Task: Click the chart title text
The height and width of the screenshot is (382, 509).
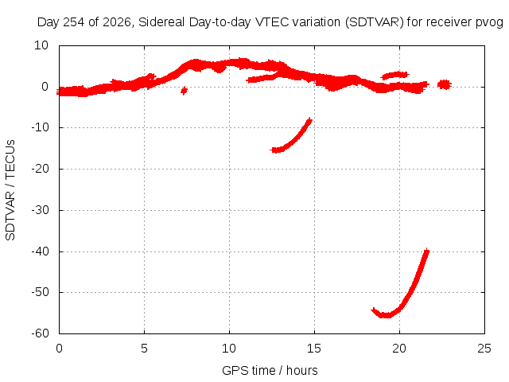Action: (x=270, y=22)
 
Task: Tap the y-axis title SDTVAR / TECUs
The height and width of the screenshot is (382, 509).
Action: (x=10, y=190)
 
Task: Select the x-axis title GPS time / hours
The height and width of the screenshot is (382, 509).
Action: (x=270, y=370)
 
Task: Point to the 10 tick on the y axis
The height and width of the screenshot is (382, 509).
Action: (x=41, y=45)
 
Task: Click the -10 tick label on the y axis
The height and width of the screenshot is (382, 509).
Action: (x=40, y=127)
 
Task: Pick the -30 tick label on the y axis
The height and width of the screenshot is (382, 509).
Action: (x=40, y=210)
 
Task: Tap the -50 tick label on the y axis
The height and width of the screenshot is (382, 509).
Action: (x=40, y=292)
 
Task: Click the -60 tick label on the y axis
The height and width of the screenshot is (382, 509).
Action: (x=40, y=333)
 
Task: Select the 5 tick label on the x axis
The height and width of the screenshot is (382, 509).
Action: (x=144, y=349)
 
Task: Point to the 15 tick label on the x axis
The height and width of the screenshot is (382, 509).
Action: (x=314, y=349)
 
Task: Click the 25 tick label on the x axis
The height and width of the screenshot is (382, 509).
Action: (x=484, y=349)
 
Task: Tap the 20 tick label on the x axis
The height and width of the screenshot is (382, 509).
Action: (x=399, y=349)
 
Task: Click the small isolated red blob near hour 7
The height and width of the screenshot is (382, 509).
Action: (x=184, y=91)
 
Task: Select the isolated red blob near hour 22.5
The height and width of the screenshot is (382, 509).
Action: (x=444, y=84)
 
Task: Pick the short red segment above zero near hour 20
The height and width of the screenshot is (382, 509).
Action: (x=394, y=76)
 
